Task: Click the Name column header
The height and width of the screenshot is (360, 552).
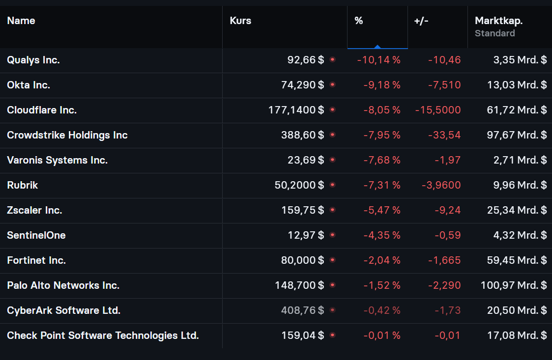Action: (x=21, y=21)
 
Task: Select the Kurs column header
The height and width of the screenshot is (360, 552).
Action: (x=240, y=21)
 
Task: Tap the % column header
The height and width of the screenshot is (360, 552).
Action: (x=359, y=21)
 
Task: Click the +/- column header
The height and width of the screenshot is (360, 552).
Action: (x=421, y=21)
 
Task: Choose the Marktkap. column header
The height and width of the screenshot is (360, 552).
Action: (x=498, y=21)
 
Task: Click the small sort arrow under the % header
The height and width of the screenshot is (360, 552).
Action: (x=377, y=47)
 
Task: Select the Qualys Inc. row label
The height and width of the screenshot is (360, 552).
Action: (x=33, y=60)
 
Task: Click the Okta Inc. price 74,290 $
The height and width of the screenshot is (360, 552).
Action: (x=302, y=85)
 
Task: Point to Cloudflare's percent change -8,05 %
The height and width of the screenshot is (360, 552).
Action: (x=382, y=110)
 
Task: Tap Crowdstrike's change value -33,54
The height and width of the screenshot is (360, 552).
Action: (x=444, y=135)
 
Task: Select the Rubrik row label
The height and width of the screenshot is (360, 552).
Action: (x=23, y=185)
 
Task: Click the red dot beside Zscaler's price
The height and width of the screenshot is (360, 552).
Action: (x=332, y=210)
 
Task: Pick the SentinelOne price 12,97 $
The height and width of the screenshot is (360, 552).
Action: (x=306, y=235)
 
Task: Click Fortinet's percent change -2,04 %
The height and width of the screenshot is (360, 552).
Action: (x=382, y=260)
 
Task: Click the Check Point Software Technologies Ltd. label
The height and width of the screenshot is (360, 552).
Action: (x=103, y=335)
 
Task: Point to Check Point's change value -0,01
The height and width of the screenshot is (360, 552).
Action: (x=447, y=335)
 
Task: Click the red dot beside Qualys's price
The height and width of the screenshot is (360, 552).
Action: (x=332, y=59)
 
